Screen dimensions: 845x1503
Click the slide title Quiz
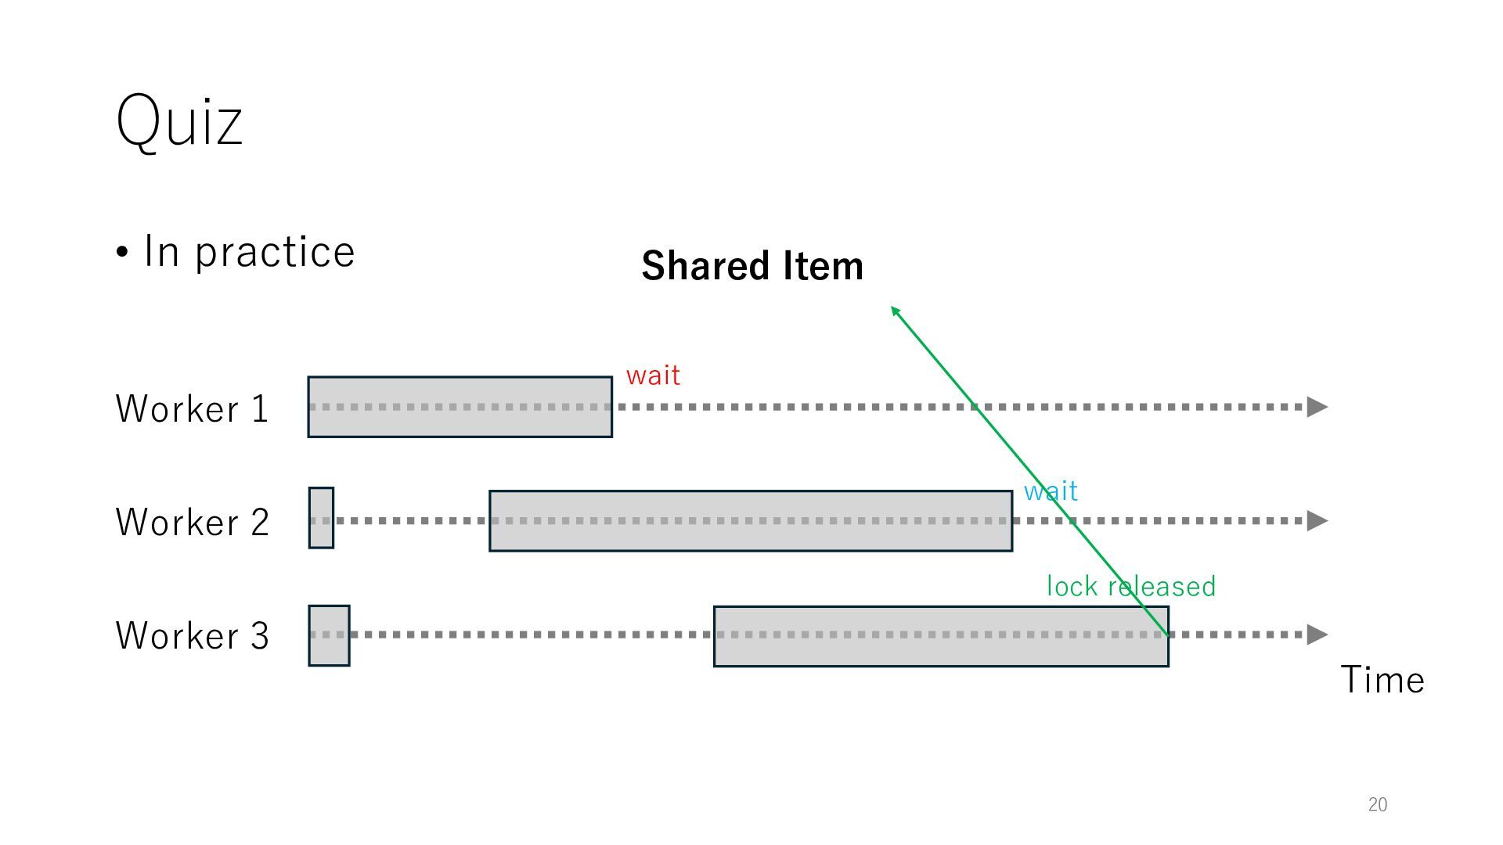(179, 121)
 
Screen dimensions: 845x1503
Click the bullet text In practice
(248, 252)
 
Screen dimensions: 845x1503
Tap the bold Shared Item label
(752, 266)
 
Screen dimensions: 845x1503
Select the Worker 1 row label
(192, 408)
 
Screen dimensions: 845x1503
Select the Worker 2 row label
(192, 522)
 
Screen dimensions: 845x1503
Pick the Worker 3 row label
(192, 635)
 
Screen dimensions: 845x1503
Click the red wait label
(653, 376)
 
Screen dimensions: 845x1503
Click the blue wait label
(1051, 491)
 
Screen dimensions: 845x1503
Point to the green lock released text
(1130, 586)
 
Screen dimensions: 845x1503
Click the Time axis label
(1382, 679)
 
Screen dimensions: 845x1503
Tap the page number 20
(1377, 804)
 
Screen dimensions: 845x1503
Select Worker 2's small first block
(321, 518)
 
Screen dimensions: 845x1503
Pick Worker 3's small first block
(329, 635)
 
